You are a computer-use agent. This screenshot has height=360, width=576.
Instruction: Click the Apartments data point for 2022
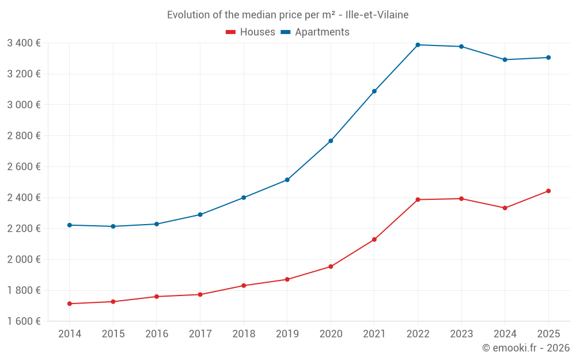[418, 45]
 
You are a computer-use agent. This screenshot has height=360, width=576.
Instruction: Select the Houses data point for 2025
[548, 191]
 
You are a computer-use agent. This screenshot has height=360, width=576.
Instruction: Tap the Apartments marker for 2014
[70, 225]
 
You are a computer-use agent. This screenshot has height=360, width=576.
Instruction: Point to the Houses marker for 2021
[374, 240]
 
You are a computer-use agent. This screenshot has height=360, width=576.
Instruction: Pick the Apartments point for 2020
[331, 141]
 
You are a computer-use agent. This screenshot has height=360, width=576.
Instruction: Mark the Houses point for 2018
[244, 286]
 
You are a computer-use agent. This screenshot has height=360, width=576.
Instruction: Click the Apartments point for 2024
[505, 60]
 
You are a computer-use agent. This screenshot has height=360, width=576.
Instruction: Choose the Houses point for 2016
[157, 297]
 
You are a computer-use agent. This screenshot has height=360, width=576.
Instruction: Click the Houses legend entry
[251, 32]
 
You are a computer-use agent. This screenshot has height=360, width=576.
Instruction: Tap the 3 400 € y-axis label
[24, 43]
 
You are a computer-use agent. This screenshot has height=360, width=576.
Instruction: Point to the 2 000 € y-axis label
[24, 259]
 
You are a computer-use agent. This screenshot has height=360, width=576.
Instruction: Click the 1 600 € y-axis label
[24, 321]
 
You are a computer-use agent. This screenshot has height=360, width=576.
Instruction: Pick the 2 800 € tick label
[24, 136]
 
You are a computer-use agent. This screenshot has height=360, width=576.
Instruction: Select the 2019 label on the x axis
[287, 334]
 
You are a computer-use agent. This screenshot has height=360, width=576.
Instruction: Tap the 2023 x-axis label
[461, 334]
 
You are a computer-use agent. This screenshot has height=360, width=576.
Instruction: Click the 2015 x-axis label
[113, 334]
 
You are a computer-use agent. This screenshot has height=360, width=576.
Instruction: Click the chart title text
[288, 15]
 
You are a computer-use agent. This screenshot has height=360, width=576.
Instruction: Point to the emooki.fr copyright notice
[526, 348]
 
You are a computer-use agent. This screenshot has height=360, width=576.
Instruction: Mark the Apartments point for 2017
[200, 215]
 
